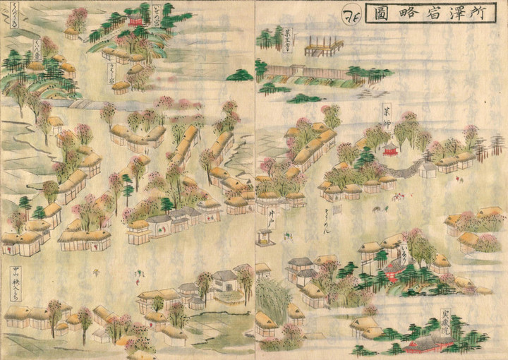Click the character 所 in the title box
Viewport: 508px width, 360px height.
[x=481, y=13]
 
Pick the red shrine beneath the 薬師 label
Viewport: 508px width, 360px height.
[x=389, y=150]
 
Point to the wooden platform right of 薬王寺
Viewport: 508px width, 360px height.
[x=323, y=47]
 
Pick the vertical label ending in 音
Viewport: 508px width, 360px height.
[x=37, y=52]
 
